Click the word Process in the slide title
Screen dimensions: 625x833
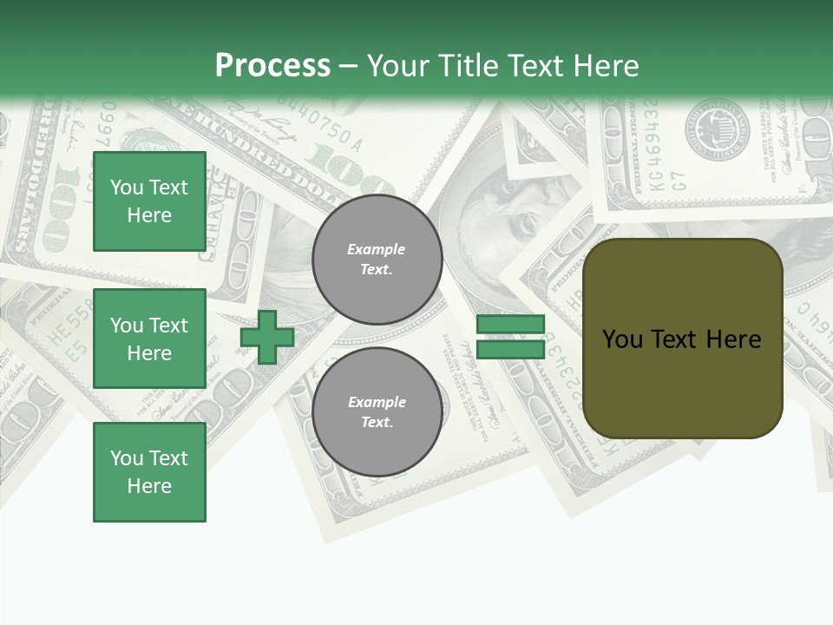point(272,65)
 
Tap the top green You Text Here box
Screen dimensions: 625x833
point(149,201)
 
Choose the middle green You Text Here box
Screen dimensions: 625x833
point(149,339)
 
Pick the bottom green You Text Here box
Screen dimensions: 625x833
point(149,472)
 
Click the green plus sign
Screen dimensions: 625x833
point(267,337)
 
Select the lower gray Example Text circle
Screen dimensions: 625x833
point(377,412)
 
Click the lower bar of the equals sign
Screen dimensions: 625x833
point(510,349)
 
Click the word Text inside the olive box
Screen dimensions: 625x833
point(676,339)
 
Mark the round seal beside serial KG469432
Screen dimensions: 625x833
point(718,130)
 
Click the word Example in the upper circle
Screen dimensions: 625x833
point(377,249)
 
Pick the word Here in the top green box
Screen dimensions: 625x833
point(149,215)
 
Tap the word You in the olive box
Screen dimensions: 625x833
point(622,339)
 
